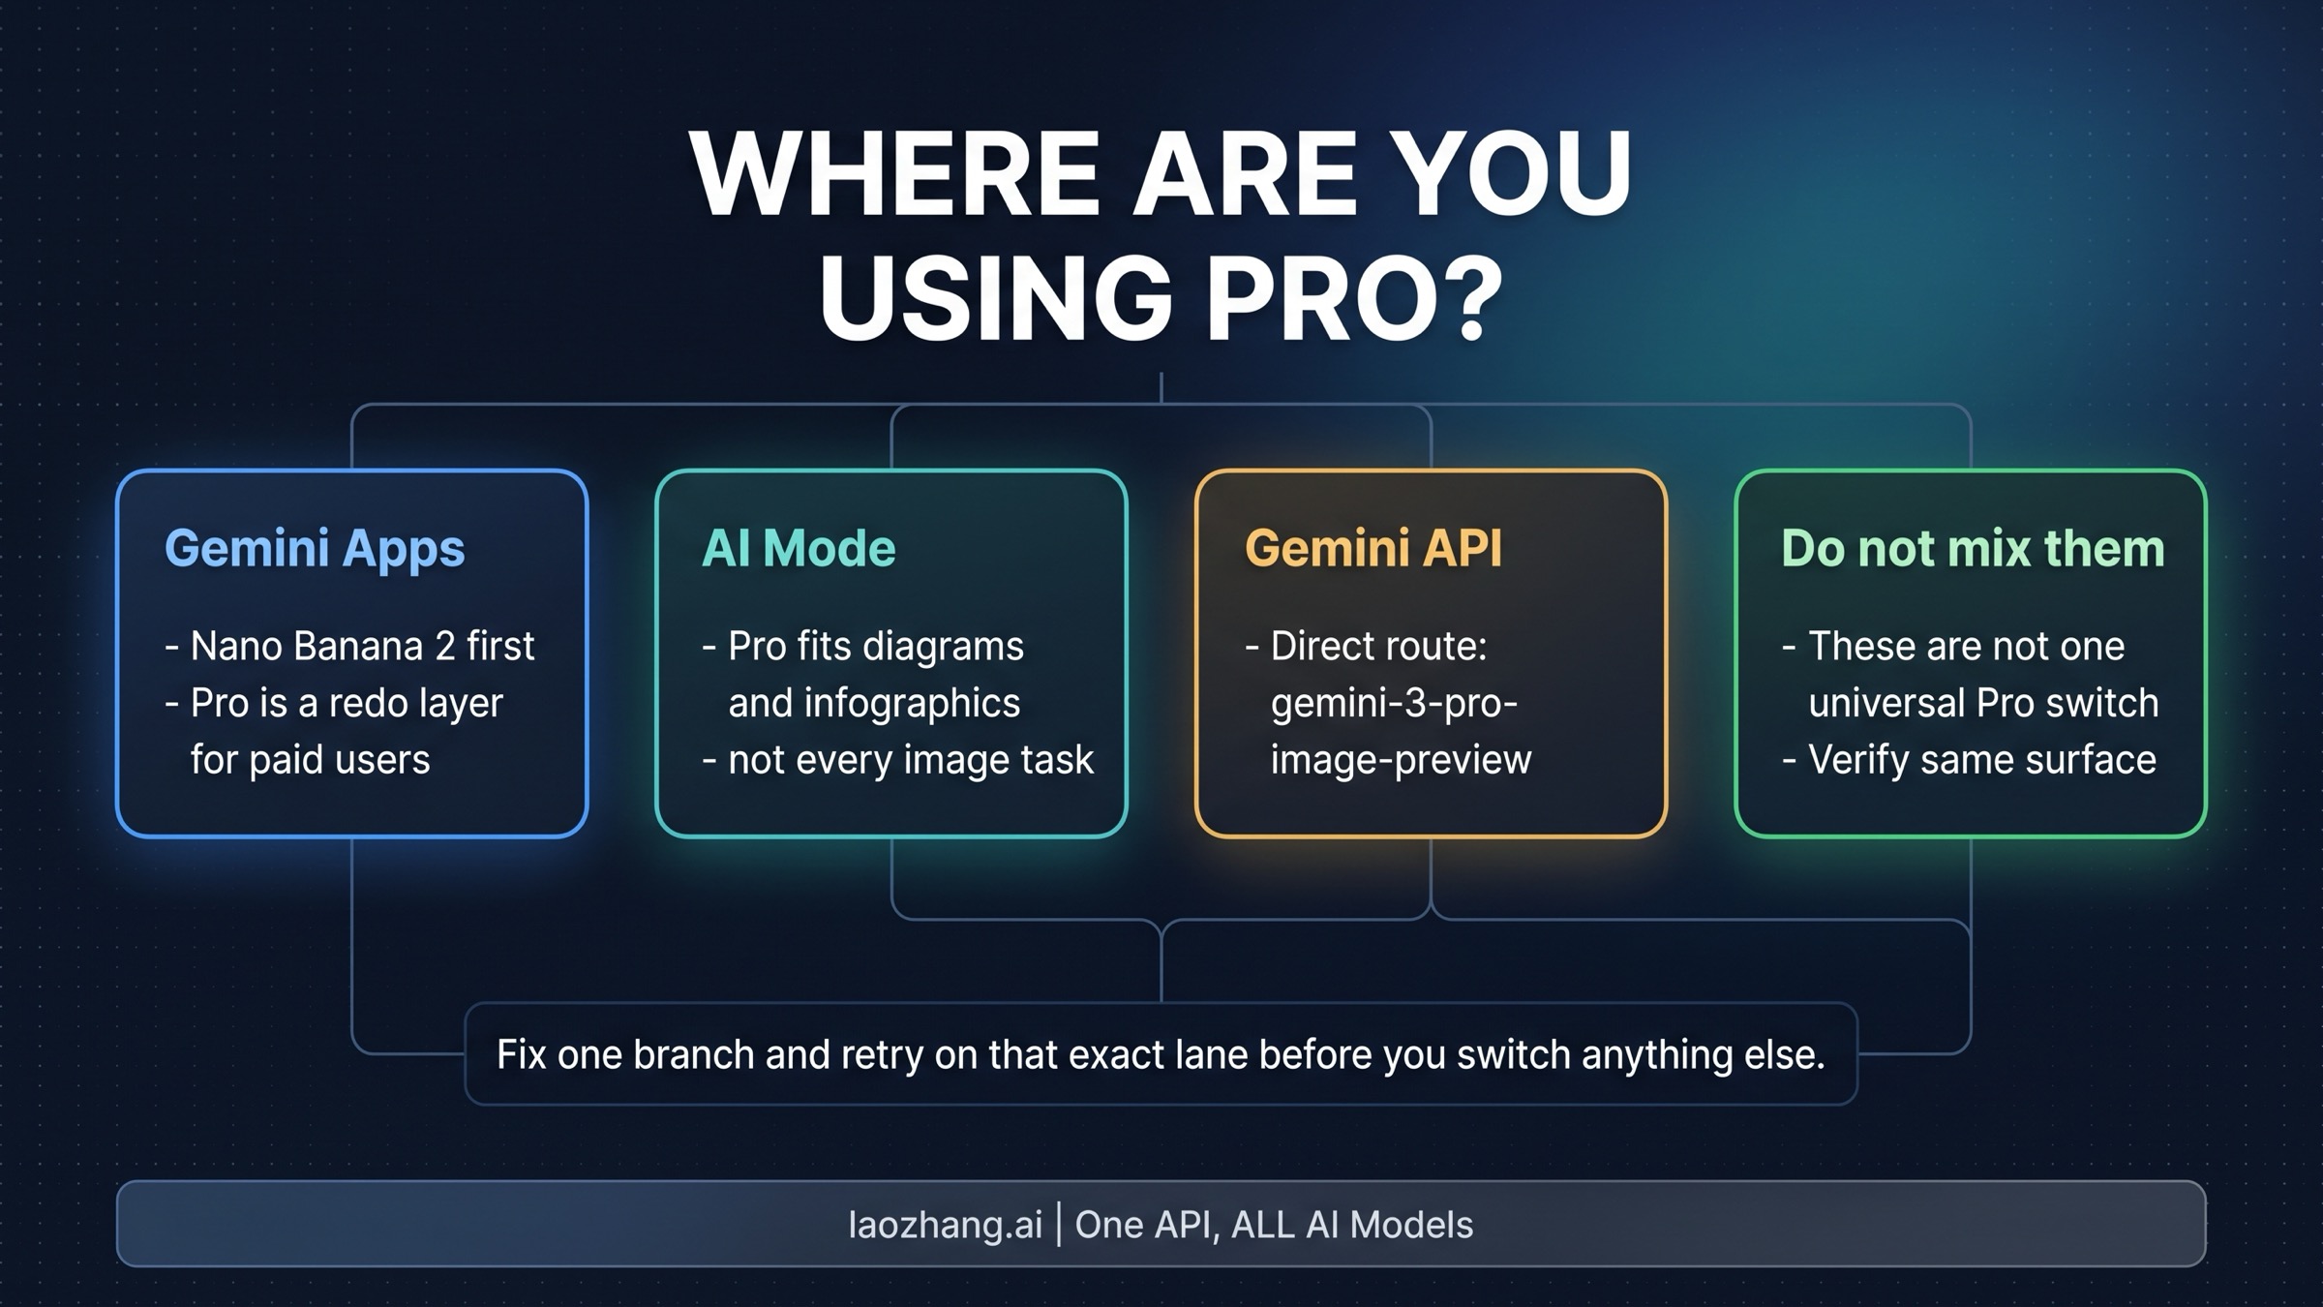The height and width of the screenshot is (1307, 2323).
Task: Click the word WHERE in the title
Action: [895, 174]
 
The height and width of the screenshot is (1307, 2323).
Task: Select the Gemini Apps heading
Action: [315, 549]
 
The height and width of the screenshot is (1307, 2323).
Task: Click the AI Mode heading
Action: [799, 548]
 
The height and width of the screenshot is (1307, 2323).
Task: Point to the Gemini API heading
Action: [1373, 548]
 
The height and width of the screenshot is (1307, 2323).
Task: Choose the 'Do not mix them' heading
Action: [1973, 548]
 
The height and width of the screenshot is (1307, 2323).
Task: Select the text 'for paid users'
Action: [310, 760]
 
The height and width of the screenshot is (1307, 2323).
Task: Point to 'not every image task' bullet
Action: [910, 760]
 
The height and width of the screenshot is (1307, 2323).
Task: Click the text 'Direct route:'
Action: [1378, 646]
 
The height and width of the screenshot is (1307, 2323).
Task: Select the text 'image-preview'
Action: [1401, 760]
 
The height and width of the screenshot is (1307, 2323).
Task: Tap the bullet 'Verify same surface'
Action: [1981, 760]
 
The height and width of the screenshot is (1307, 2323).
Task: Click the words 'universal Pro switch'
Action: [1983, 703]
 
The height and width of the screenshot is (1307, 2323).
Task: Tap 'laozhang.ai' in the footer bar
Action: [945, 1225]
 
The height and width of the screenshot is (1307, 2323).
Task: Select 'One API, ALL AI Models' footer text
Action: [1274, 1225]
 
